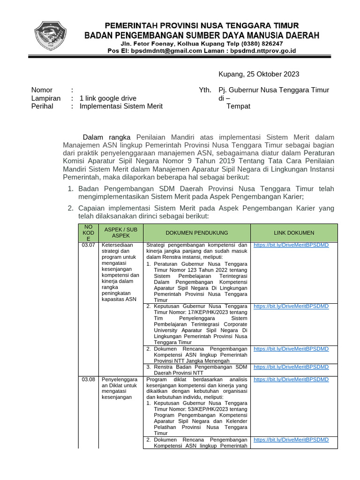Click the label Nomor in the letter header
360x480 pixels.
tap(42, 90)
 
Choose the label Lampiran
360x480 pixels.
tap(46, 98)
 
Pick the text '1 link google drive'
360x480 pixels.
tap(108, 98)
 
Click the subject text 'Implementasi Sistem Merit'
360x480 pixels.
tap(121, 106)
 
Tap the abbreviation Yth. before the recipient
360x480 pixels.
tap(205, 90)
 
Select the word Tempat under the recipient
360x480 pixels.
tap(238, 106)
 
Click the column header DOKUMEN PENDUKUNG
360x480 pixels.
tap(197, 233)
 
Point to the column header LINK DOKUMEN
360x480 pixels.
tap(294, 233)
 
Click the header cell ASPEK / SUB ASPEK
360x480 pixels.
tap(120, 232)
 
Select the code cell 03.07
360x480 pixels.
tap(88, 245)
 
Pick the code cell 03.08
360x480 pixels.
tap(88, 379)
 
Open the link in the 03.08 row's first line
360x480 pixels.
tap(291, 379)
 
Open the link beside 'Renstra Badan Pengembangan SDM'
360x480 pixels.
tap(291, 367)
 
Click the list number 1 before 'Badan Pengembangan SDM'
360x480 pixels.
tap(70, 189)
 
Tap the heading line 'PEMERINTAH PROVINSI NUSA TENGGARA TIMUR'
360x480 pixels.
tap(201, 25)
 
